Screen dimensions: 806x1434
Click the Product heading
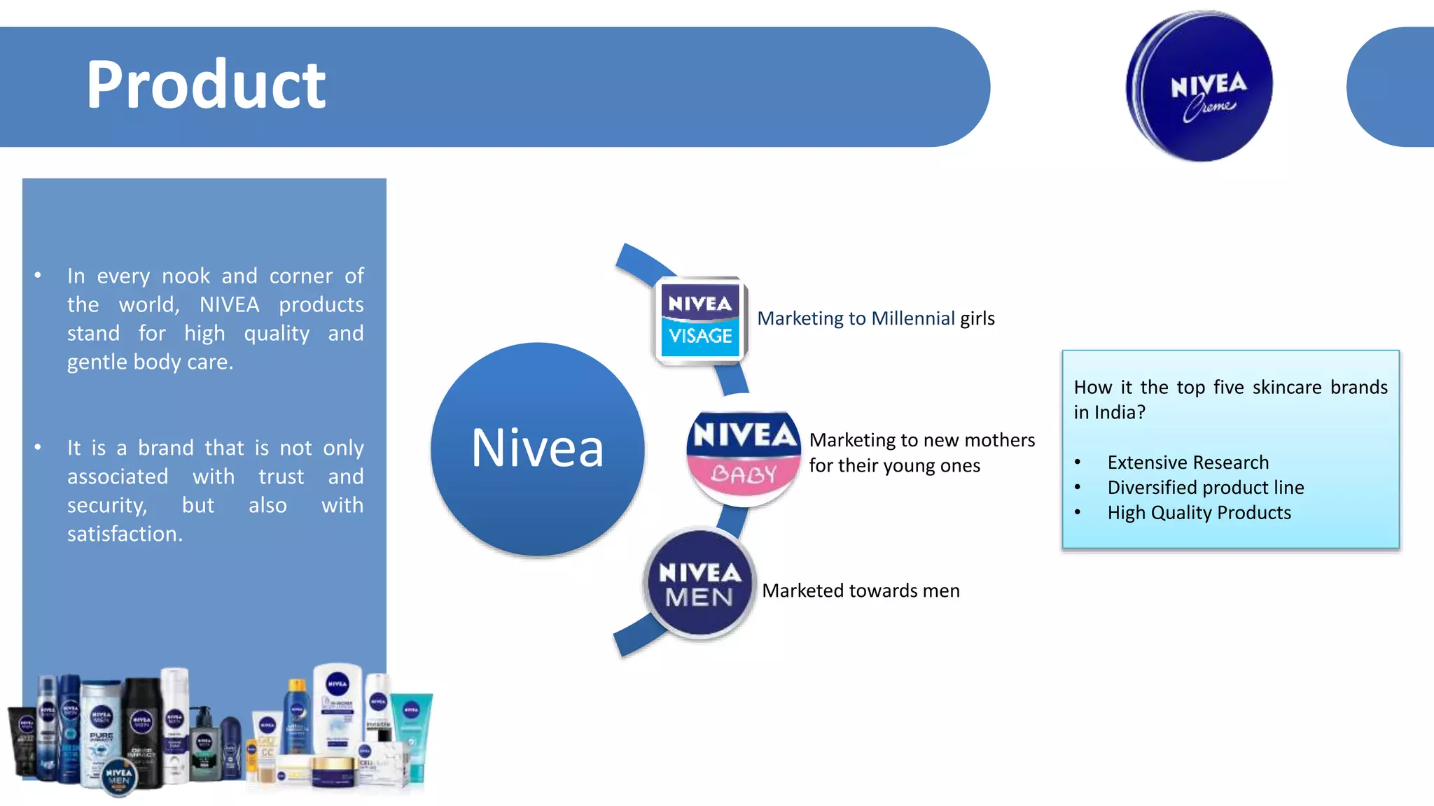coord(205,85)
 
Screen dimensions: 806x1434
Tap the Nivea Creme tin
coord(1199,87)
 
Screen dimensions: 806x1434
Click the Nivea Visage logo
coord(700,320)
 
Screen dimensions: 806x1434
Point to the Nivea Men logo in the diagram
coord(699,584)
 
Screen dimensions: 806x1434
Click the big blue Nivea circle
coord(537,448)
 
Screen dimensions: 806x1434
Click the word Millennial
coord(912,318)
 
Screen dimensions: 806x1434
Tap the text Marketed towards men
coord(861,591)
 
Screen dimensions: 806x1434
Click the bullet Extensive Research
coord(1188,462)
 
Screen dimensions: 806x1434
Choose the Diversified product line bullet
coord(1205,488)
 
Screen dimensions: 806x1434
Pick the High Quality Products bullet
coord(1199,513)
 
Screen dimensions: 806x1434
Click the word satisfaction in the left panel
coord(124,534)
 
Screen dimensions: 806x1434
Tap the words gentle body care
coord(150,362)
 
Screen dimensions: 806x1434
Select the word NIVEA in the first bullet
coord(229,305)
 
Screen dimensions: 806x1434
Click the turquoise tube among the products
coord(413,735)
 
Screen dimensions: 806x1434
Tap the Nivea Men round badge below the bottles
coord(119,777)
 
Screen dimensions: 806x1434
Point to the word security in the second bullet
coord(106,505)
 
